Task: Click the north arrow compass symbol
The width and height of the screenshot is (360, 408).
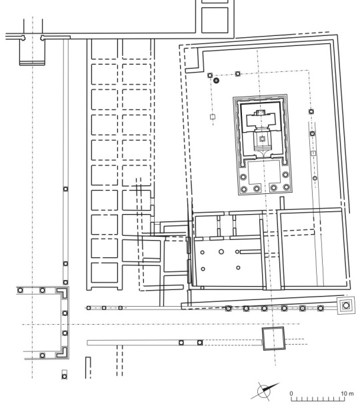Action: coord(264,391)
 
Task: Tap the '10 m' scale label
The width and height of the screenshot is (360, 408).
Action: coord(347,393)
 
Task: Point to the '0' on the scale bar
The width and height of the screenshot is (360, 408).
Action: coord(291,393)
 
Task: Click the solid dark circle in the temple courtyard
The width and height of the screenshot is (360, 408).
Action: coord(216,81)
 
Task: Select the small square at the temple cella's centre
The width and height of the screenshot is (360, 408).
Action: coord(263,139)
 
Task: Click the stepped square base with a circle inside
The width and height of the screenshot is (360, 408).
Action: coord(346,305)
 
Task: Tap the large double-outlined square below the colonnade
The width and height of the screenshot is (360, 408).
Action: coord(273,338)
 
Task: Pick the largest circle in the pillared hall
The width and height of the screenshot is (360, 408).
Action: coord(221,251)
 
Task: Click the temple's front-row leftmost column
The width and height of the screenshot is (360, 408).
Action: coord(243,189)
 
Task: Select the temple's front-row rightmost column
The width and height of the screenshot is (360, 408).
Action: coord(287,187)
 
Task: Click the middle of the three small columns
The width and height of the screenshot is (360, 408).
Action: coord(104,308)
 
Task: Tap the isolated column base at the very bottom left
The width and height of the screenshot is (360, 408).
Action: coord(65,376)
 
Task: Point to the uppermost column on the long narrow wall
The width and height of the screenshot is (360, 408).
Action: coord(65,189)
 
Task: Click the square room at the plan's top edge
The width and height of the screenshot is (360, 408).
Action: coord(215,20)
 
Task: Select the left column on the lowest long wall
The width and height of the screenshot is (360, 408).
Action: coord(181,343)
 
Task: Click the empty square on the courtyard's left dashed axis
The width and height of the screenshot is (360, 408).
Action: coord(213,117)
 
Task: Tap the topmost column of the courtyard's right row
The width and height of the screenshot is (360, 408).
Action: coord(311,111)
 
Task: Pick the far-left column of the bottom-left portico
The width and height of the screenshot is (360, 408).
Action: coord(20,290)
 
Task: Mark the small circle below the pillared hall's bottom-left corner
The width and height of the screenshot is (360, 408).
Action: coord(203,288)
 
